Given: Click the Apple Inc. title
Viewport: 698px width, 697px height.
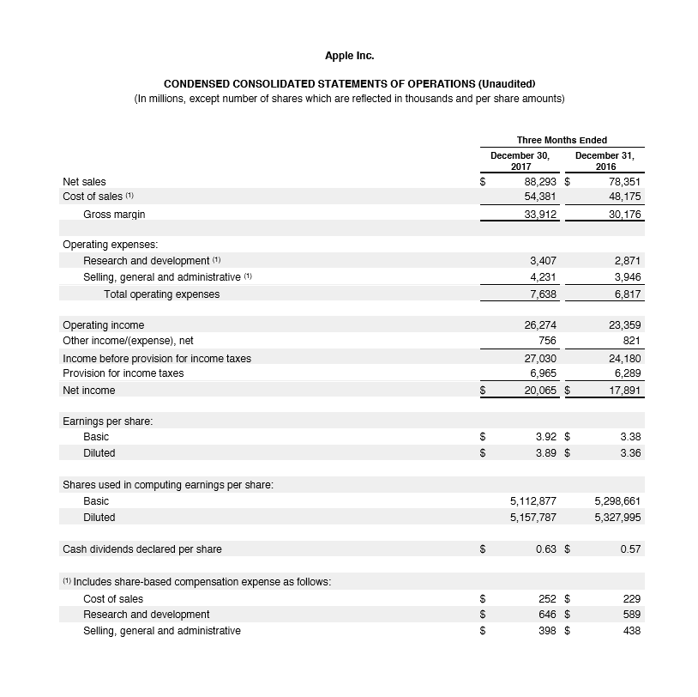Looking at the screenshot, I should [349, 56].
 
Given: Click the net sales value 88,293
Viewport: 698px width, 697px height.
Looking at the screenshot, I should [539, 182].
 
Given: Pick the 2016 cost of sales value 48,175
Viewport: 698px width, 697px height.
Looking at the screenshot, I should [623, 197].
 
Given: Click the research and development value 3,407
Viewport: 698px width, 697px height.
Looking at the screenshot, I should [544, 260].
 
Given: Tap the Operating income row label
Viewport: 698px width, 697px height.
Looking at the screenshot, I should [104, 325].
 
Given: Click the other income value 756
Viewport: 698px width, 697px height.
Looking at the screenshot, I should [548, 341].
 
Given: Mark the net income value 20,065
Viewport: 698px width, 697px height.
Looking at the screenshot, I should [539, 390].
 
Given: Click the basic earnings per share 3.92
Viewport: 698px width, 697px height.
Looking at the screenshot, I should [546, 437].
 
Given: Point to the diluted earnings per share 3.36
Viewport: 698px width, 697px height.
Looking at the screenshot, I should [630, 452].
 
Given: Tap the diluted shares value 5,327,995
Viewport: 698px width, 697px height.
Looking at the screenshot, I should [617, 518].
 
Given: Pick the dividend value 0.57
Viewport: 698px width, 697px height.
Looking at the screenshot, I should [630, 549].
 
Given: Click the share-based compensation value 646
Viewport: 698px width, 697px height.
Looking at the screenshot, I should [548, 615].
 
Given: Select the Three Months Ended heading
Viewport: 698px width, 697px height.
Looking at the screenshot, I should [562, 140].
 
